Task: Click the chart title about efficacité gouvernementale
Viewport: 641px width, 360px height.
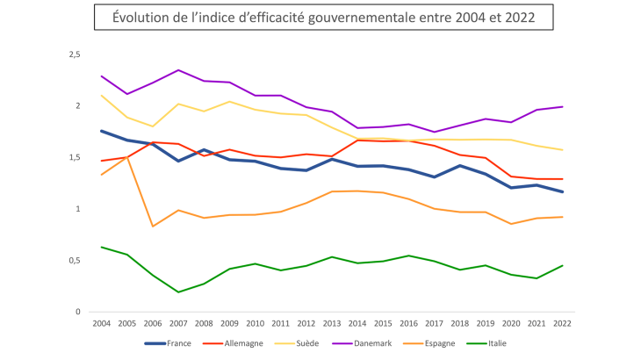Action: click(321, 18)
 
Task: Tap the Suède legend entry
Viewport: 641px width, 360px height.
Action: click(307, 343)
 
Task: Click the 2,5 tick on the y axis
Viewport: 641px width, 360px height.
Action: click(75, 54)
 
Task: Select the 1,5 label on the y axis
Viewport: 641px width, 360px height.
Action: click(75, 158)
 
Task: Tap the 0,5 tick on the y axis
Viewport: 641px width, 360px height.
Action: click(75, 261)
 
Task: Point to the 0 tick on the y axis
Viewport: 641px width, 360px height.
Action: click(78, 312)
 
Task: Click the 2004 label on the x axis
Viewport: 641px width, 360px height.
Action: click(102, 324)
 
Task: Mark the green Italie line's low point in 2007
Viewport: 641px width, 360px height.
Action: click(178, 292)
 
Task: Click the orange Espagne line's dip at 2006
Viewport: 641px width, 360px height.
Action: click(153, 227)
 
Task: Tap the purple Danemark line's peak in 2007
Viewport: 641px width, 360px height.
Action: click(178, 70)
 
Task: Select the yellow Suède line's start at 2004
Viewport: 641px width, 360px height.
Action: click(102, 96)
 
